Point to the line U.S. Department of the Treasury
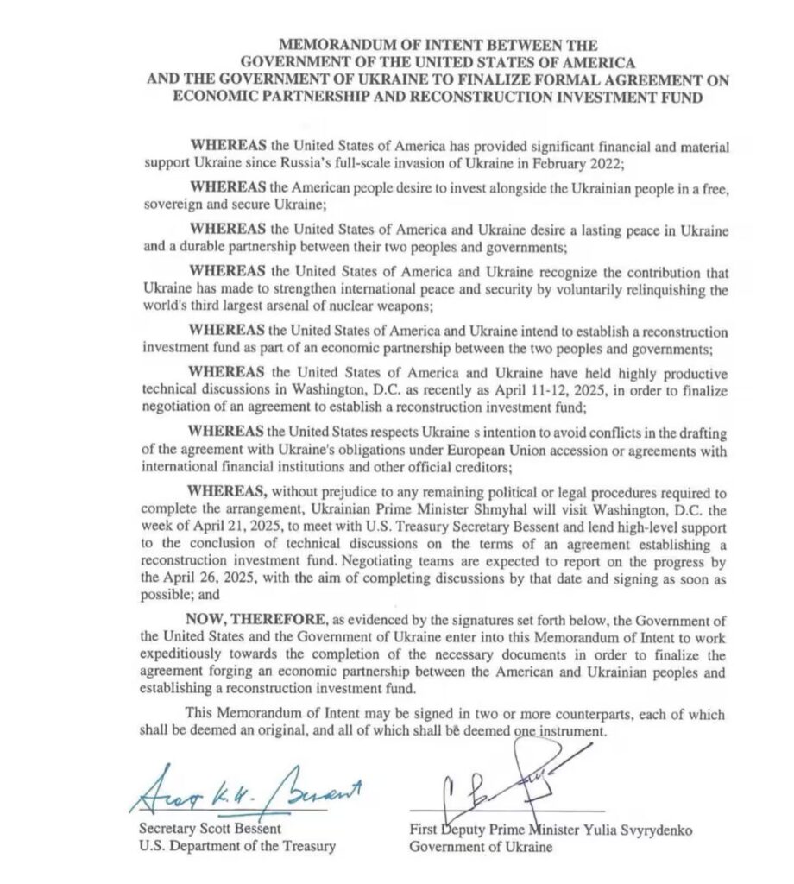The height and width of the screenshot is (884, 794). tap(237, 847)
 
